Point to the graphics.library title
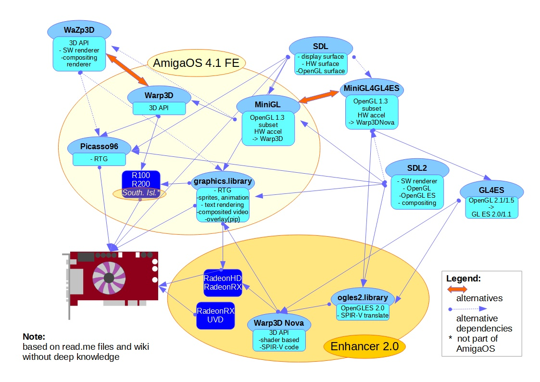[x=222, y=181]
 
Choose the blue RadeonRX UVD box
[x=215, y=315]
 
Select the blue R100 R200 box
[x=140, y=179]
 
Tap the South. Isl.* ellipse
[x=140, y=193]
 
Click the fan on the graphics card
[x=109, y=278]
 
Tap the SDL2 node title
[x=417, y=168]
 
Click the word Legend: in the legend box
[x=464, y=278]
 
